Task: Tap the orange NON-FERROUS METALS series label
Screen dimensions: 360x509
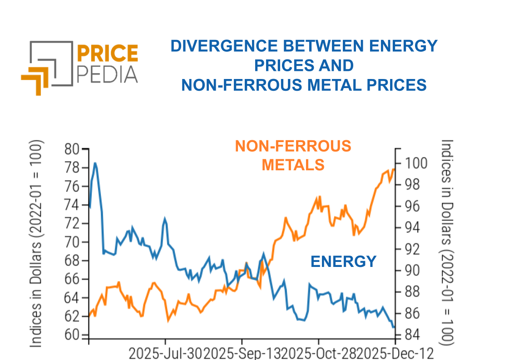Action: [x=293, y=155]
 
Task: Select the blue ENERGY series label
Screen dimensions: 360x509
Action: [x=343, y=261]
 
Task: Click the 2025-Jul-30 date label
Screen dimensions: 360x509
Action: [x=166, y=353]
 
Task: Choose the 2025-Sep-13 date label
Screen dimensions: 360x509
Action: [x=243, y=353]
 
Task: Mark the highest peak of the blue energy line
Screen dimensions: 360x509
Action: [x=95, y=163]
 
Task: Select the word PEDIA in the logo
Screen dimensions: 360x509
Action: [x=108, y=74]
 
